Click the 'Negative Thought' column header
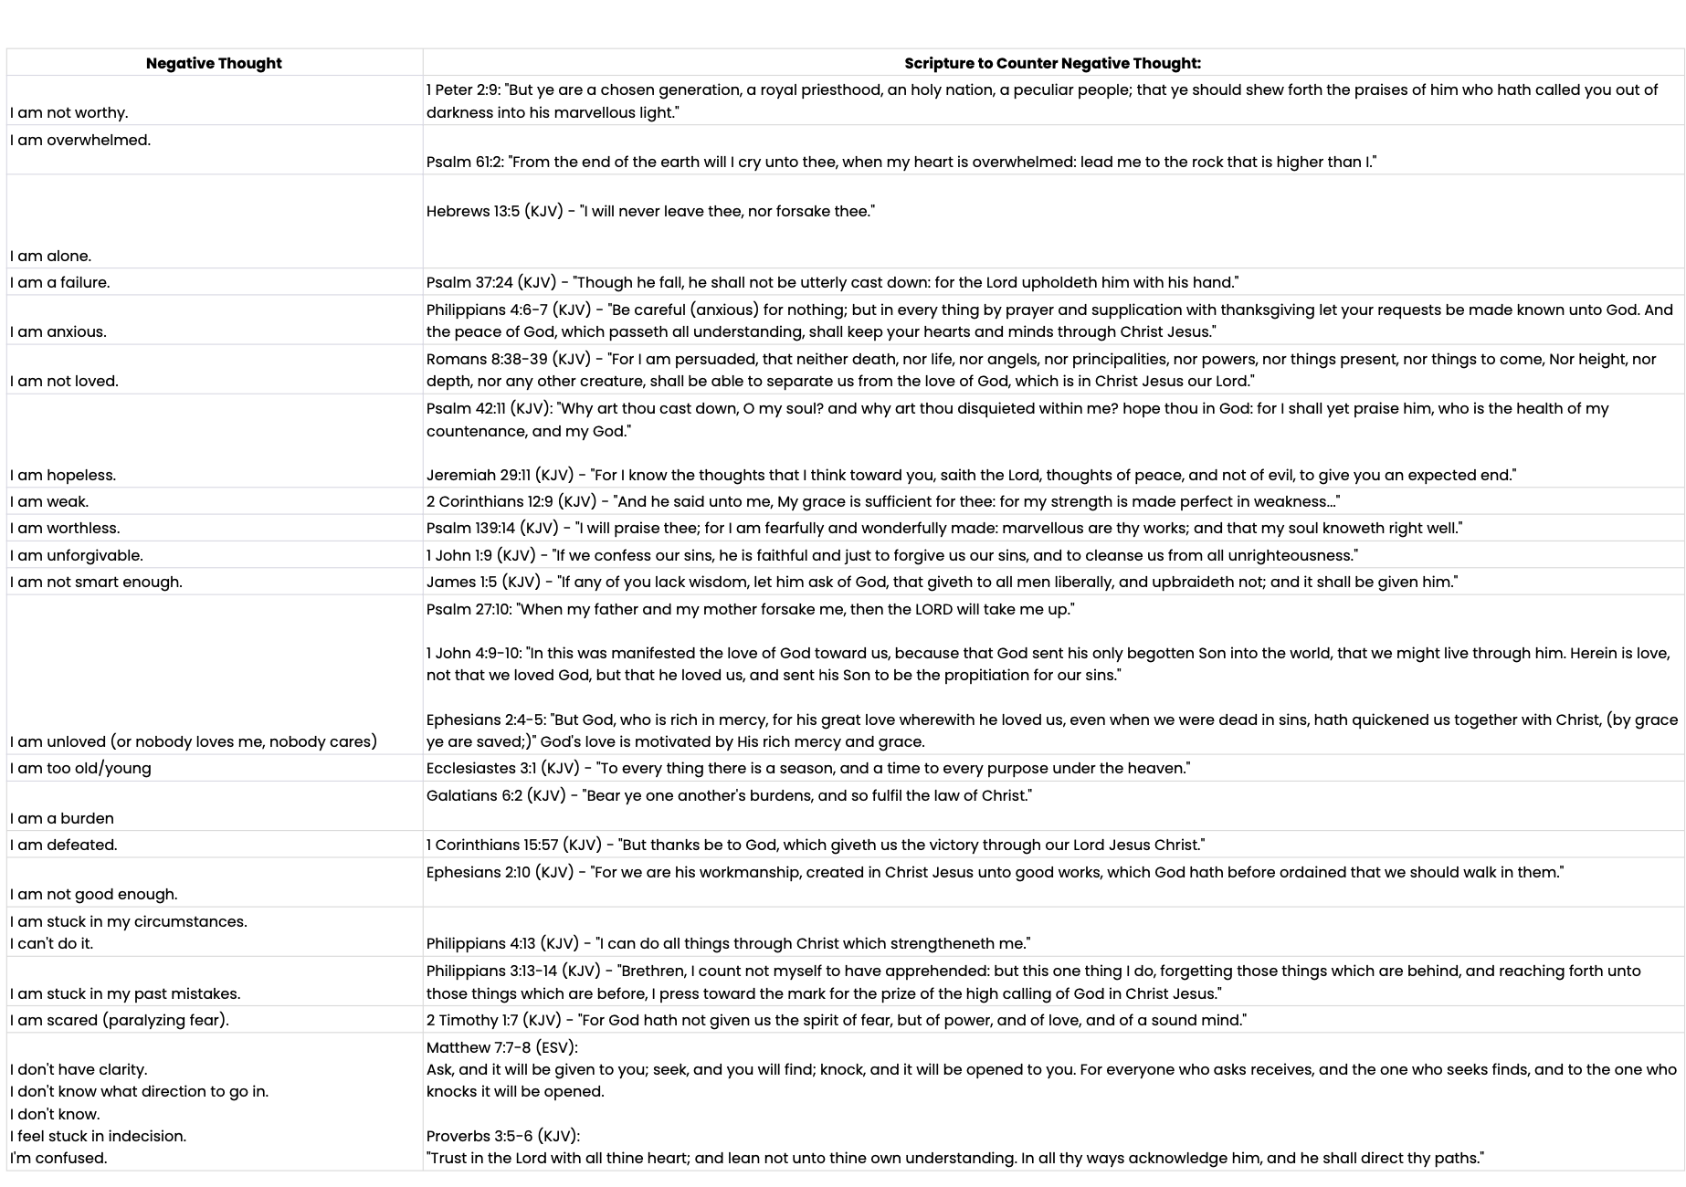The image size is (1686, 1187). pyautogui.click(x=214, y=63)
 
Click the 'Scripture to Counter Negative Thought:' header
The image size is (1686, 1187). pyautogui.click(x=1052, y=63)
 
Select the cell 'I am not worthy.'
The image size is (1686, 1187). pyautogui.click(x=69, y=112)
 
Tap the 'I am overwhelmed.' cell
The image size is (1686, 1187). pyautogui.click(x=80, y=140)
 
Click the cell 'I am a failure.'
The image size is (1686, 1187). pyautogui.click(x=60, y=282)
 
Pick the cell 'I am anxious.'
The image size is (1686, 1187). pyautogui.click(x=58, y=331)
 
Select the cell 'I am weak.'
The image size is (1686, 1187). pyautogui.click(x=49, y=501)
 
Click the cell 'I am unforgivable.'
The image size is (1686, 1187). pyautogui.click(x=77, y=555)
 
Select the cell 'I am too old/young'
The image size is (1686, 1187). pyautogui.click(x=80, y=768)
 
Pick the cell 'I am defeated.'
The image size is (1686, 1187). pyautogui.click(x=64, y=845)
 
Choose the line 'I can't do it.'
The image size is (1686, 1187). pyautogui.click(x=51, y=943)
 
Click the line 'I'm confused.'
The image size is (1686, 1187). pyautogui.click(x=58, y=1158)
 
